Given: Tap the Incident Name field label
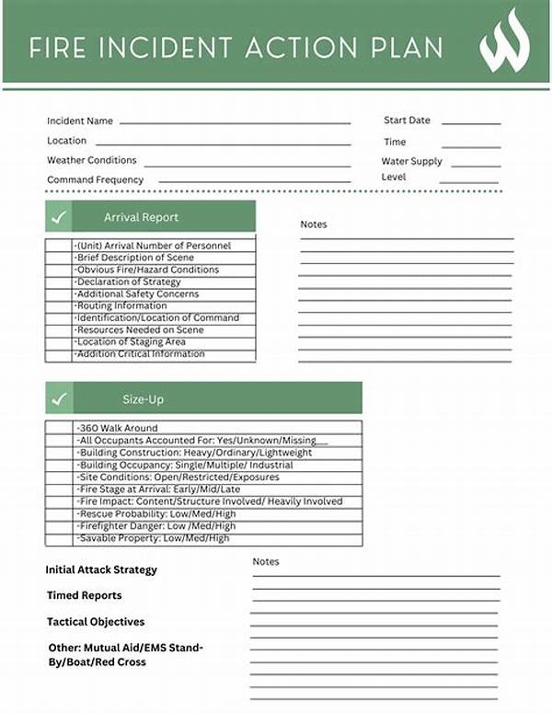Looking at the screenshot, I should click(x=80, y=121).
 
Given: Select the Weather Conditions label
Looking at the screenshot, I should click(x=92, y=160).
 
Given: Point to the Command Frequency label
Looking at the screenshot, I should click(x=96, y=180).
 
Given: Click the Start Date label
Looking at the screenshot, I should click(x=407, y=121).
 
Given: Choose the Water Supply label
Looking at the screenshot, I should click(x=411, y=162).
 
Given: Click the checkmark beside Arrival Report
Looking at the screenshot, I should click(x=59, y=217).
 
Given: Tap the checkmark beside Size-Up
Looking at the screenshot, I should click(x=59, y=399).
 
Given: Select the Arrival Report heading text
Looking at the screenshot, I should click(x=141, y=218).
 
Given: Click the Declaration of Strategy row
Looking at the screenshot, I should click(x=129, y=282).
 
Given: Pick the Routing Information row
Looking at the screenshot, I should click(x=121, y=306).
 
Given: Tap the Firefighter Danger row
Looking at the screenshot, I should click(x=156, y=526).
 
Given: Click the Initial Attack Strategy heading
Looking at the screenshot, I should click(x=101, y=570).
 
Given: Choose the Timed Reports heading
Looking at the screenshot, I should click(x=84, y=596).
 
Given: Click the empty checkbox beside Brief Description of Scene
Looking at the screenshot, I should click(x=59, y=259).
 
